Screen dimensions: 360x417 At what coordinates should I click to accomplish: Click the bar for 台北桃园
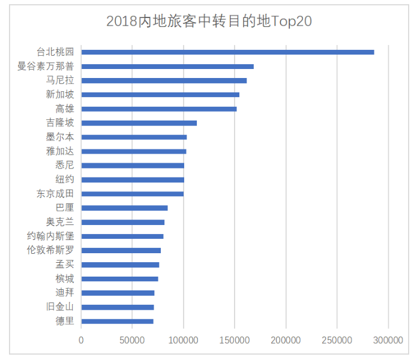point(227,52)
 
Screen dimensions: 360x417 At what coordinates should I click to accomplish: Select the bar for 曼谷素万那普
point(167,67)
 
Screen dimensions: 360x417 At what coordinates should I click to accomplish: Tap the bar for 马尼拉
point(164,80)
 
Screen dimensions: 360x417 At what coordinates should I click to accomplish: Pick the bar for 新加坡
point(160,95)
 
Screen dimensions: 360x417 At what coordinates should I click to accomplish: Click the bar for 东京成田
point(133,194)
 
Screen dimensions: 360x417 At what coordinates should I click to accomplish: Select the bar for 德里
point(118,322)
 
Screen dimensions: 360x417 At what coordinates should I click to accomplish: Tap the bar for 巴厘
point(125,208)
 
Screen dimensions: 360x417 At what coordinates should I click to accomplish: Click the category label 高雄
point(65,109)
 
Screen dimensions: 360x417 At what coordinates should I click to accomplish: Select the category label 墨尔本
point(60,137)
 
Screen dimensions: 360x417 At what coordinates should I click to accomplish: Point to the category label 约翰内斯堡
point(51,236)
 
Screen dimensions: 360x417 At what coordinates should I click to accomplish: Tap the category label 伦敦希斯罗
point(51,250)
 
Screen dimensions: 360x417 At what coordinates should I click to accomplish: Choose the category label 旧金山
point(60,307)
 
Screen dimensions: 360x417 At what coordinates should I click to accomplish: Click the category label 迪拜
point(65,293)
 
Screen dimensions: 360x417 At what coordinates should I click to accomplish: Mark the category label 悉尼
point(65,166)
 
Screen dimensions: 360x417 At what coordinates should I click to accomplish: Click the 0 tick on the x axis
point(82,340)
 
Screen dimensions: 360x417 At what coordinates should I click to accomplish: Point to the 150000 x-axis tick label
point(235,340)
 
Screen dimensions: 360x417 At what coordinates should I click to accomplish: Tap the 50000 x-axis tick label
point(133,340)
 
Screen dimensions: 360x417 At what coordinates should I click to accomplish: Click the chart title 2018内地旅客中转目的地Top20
point(209,21)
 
